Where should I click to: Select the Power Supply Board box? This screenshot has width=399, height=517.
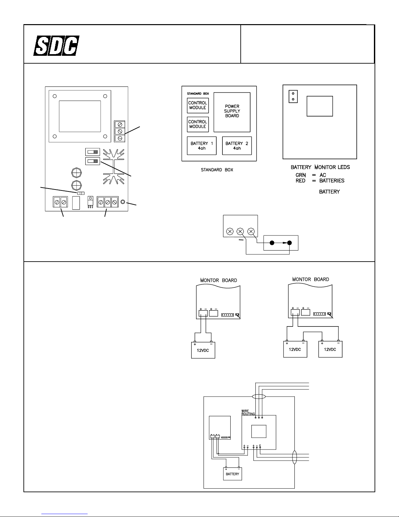point(232,112)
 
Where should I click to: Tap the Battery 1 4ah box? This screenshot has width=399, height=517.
point(202,145)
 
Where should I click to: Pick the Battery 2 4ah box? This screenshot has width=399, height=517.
point(237,145)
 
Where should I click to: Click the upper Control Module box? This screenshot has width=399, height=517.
point(198,105)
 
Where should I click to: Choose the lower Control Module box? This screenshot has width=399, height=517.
point(198,124)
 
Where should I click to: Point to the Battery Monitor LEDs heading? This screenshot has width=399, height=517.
point(320,167)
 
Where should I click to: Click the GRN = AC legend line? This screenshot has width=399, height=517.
point(311,175)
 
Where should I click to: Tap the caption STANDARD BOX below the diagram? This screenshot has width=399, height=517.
point(217,170)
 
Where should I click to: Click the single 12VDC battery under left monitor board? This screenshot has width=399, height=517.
point(203,349)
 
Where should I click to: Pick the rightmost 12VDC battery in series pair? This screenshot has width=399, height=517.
point(330,349)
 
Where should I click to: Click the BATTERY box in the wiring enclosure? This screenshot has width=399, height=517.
point(232,474)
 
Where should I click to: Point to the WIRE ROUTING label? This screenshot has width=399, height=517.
point(248,412)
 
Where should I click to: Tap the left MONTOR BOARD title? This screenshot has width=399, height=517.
point(218,280)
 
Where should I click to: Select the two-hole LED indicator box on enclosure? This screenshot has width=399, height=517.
point(293,96)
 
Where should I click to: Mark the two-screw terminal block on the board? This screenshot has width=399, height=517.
point(60,202)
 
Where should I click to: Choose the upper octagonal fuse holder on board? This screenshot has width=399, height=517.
point(76,173)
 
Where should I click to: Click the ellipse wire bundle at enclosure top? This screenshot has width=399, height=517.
point(259,397)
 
